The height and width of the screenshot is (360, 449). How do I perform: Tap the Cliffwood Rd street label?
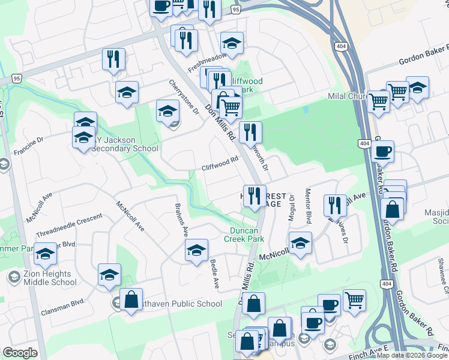coord(220,160)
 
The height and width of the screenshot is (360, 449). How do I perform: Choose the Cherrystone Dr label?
coord(184,98)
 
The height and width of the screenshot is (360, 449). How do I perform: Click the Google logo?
coord(20,353)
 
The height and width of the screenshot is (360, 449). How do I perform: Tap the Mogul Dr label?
coord(292,207)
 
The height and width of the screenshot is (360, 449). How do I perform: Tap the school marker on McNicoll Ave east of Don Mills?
coord(300,243)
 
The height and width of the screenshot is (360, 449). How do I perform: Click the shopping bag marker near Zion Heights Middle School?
coord(131,299)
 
